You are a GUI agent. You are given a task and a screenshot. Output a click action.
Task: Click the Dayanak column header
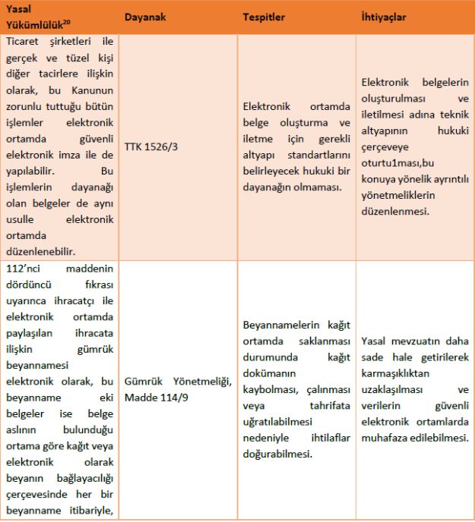tap(147, 17)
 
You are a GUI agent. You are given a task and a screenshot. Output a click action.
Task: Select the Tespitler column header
tap(264, 17)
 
